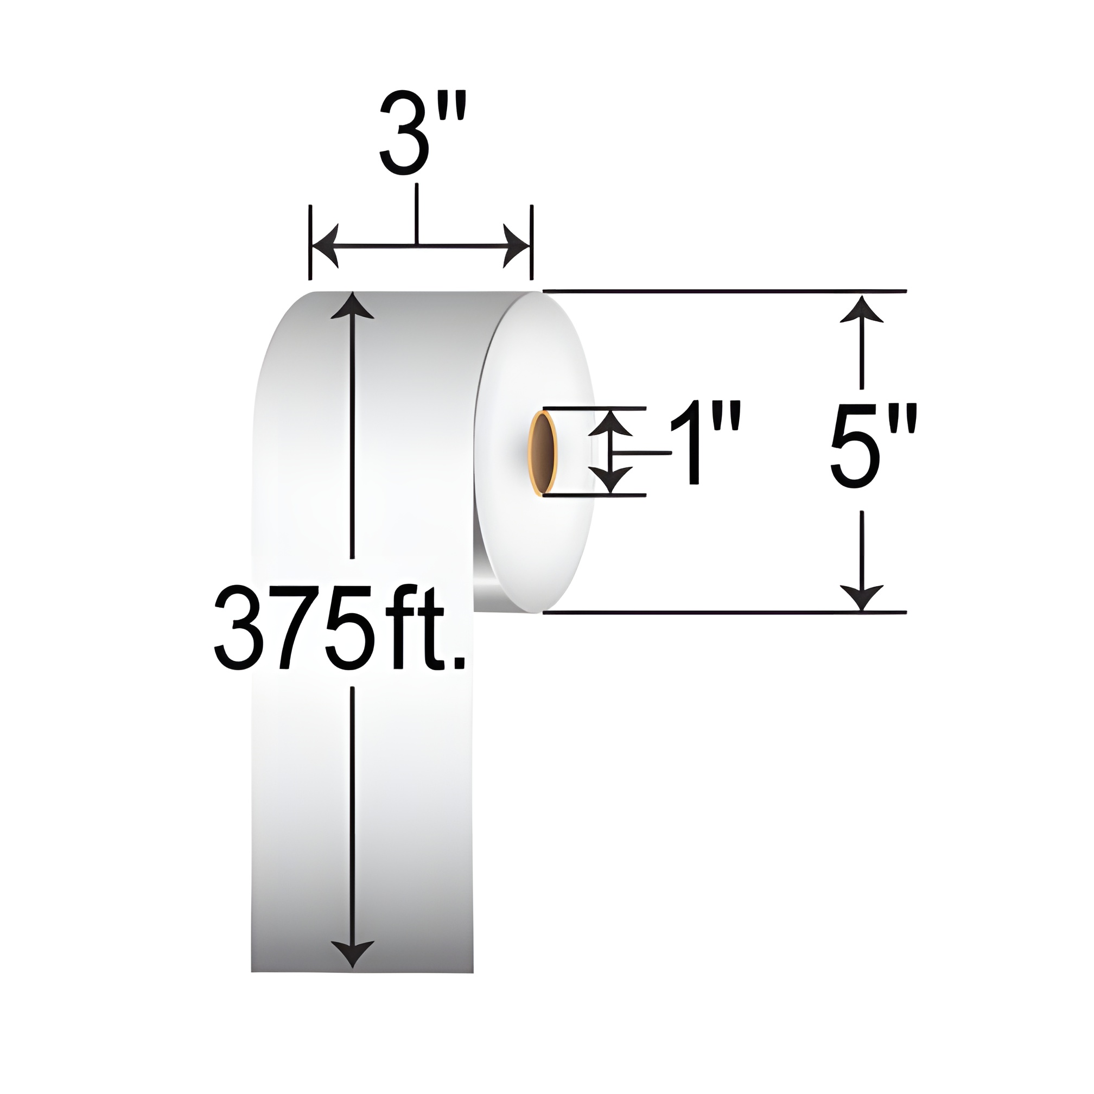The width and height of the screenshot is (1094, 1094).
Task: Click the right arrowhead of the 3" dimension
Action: (516, 246)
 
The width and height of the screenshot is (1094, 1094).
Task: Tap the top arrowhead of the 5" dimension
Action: (861, 309)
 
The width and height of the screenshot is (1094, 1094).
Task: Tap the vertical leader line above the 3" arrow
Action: (417, 212)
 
